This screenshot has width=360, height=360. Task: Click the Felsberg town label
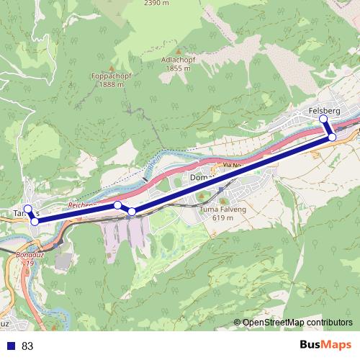coord(323,109)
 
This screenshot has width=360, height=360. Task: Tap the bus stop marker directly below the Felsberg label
coord(323,119)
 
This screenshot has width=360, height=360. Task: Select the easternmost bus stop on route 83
coord(332,137)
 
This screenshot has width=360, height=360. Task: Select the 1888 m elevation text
coord(107,84)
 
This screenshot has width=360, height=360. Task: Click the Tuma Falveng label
coord(219,209)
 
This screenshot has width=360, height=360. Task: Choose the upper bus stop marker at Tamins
coord(28,209)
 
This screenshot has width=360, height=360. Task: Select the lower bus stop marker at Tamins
coord(35,221)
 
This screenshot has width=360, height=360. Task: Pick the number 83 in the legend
coord(28,346)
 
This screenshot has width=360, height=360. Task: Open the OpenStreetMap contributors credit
coord(297,323)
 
